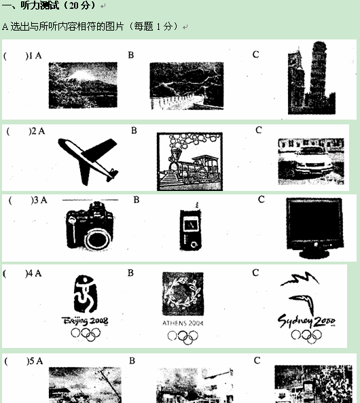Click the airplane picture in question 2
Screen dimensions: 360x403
click(x=88, y=161)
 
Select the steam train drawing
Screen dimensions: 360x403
click(x=190, y=162)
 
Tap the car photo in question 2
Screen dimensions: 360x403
click(x=311, y=161)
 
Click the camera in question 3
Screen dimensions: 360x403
click(x=90, y=226)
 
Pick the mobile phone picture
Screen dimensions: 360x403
click(x=190, y=229)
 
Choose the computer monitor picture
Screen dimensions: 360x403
click(x=314, y=228)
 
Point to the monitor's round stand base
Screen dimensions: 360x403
click(x=314, y=253)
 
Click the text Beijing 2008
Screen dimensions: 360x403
click(x=85, y=321)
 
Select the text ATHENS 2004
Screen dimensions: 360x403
click(x=183, y=323)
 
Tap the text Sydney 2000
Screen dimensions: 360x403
click(x=306, y=321)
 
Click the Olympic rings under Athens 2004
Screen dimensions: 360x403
click(x=183, y=337)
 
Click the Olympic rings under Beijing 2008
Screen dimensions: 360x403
click(x=86, y=334)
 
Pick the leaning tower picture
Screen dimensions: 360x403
click(x=312, y=77)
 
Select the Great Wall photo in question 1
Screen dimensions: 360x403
click(x=187, y=86)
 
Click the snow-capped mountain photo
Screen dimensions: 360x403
click(x=83, y=85)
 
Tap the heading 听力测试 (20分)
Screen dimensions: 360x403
click(x=49, y=5)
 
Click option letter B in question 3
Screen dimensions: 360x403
click(x=136, y=200)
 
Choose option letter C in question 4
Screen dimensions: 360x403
click(x=255, y=273)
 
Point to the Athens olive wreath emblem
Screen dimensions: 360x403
click(x=183, y=294)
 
